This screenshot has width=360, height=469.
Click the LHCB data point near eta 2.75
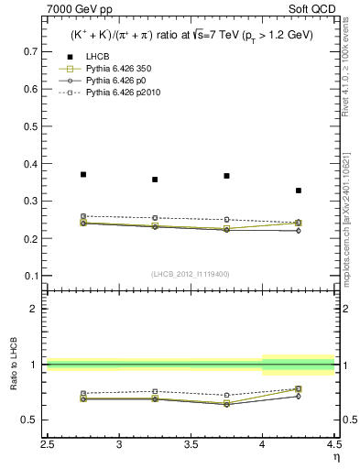click(83, 174)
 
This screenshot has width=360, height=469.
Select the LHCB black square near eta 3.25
click(155, 180)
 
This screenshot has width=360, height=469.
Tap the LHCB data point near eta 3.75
click(226, 176)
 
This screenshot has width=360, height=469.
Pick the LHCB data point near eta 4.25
click(299, 191)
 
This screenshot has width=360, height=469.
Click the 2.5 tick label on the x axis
click(47, 443)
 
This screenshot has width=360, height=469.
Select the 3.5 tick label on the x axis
click(191, 443)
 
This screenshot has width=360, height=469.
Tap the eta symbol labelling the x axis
click(336, 455)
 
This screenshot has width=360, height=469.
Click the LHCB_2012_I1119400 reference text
click(191, 274)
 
